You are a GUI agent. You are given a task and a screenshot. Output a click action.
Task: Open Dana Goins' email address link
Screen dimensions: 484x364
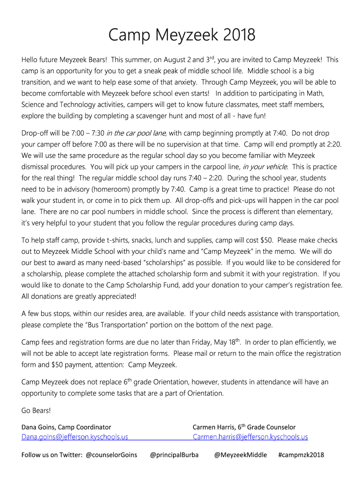click(x=75, y=437)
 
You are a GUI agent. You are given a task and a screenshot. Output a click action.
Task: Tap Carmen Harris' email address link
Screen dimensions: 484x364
click(x=250, y=437)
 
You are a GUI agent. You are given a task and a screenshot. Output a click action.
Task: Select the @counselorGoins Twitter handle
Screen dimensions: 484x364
click(x=112, y=455)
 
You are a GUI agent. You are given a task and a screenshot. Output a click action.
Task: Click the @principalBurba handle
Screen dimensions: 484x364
click(x=174, y=455)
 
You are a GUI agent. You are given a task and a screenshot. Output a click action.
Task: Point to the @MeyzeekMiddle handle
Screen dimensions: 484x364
click(x=241, y=455)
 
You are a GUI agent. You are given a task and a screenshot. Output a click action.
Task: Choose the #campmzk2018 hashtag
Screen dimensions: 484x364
click(x=301, y=455)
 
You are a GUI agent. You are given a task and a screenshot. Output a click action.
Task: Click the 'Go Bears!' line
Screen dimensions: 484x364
click(x=36, y=410)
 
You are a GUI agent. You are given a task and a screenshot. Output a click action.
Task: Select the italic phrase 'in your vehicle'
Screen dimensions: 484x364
click(x=265, y=167)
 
